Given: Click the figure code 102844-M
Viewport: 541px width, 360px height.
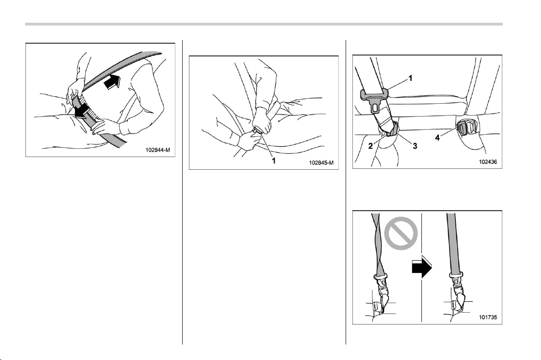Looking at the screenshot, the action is pyautogui.click(x=158, y=150).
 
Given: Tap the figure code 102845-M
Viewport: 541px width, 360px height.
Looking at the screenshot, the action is pyautogui.click(x=321, y=163).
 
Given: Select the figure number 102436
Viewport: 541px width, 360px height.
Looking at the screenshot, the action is pyautogui.click(x=488, y=162).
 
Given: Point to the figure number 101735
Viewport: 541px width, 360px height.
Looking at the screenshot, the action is pyautogui.click(x=488, y=317).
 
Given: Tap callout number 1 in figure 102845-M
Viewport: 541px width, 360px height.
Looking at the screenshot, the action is pyautogui.click(x=274, y=161).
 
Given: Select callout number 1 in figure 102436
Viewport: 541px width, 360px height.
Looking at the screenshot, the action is pyautogui.click(x=410, y=78).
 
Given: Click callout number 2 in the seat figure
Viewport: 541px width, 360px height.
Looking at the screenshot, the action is pyautogui.click(x=371, y=146).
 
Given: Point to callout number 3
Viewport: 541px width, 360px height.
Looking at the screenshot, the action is pyautogui.click(x=415, y=146).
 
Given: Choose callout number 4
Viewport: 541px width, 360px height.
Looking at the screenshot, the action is pyautogui.click(x=438, y=137).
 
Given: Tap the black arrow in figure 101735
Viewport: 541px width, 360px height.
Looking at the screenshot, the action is pyautogui.click(x=422, y=268).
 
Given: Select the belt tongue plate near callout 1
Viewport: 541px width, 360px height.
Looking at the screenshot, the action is pyautogui.click(x=374, y=100).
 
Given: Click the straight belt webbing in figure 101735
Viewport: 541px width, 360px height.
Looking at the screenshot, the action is pyautogui.click(x=453, y=243).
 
